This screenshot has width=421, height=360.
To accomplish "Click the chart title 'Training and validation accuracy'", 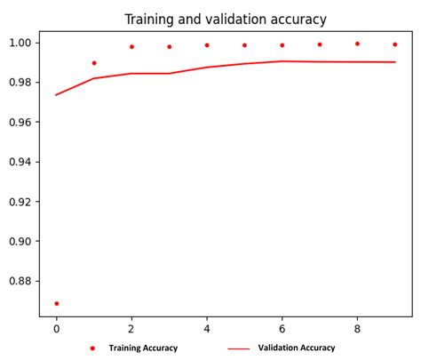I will (226, 19).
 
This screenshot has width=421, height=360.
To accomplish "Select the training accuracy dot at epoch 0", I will (56, 303).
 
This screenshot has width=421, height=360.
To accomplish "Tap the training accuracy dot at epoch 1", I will (94, 63).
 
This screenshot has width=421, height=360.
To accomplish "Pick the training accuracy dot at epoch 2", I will (131, 46).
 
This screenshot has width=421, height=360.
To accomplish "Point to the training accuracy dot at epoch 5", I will (244, 44).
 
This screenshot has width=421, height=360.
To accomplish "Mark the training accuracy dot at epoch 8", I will (357, 43).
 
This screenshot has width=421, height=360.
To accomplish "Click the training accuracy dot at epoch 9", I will (395, 44).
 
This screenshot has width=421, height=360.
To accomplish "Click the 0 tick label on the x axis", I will (56, 327).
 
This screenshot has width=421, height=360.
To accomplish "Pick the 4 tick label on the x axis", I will (207, 327).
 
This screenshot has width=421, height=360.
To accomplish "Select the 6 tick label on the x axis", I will (282, 327).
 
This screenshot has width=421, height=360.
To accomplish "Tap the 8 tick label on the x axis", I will (357, 327).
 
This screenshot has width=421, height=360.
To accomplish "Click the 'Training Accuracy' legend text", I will (143, 348).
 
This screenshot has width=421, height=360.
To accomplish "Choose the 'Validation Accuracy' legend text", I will (297, 348).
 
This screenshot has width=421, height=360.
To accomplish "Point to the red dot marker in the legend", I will (91, 348).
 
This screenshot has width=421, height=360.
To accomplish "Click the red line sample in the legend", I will (238, 348).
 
